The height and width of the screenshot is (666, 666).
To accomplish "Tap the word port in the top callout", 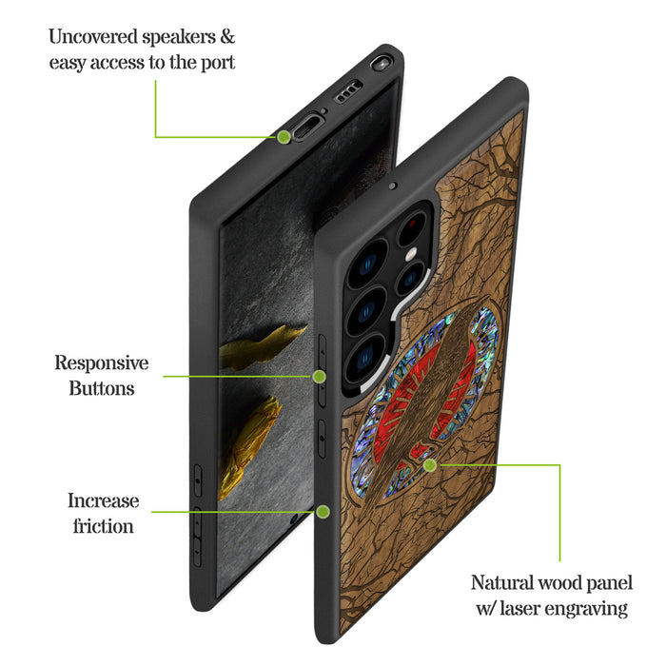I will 217,63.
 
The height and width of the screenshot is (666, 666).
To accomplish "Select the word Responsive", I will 102,362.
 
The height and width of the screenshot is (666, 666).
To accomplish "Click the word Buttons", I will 102,387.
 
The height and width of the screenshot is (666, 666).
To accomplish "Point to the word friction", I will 103,525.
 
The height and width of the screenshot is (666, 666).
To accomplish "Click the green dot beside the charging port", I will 284,137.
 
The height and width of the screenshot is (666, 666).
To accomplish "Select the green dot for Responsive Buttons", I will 320,377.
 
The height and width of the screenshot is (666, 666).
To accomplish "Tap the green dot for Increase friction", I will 323,512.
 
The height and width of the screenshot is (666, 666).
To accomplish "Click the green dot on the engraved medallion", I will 430,465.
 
